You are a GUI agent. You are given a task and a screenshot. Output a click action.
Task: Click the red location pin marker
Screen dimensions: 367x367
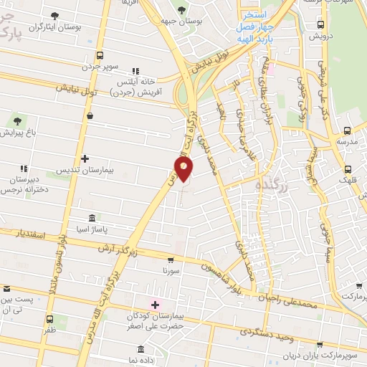[x=184, y=168]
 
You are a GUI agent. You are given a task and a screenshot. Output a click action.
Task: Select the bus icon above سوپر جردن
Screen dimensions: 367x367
[x=99, y=54]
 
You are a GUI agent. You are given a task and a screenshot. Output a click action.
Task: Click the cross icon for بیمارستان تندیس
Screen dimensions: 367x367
[x=85, y=158]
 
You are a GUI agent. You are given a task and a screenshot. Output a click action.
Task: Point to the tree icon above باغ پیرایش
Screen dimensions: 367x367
[x=17, y=120]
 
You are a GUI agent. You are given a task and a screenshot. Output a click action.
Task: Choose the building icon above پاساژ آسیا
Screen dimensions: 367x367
[x=91, y=217]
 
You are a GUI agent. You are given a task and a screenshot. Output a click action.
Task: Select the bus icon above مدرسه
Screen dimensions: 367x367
[x=348, y=131]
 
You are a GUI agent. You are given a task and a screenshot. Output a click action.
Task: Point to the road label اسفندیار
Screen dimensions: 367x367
[x=32, y=234]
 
